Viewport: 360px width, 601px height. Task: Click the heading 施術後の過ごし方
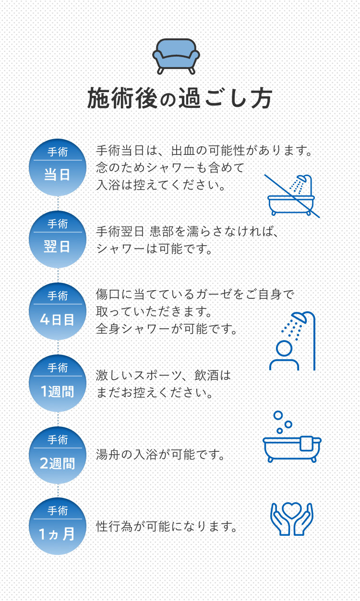(x=180, y=99)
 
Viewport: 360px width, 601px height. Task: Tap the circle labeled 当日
(x=58, y=167)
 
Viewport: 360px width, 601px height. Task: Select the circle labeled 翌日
(x=58, y=239)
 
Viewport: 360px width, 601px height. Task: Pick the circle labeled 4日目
(x=58, y=311)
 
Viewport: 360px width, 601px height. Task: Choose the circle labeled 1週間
(x=58, y=383)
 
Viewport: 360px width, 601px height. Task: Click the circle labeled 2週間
(x=58, y=455)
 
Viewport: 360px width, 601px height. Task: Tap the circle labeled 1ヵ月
(x=58, y=526)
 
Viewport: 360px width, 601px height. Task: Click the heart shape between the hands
(x=292, y=509)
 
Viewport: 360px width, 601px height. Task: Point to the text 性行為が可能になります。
(x=168, y=527)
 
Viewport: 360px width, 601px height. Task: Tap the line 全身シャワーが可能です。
(x=168, y=330)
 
